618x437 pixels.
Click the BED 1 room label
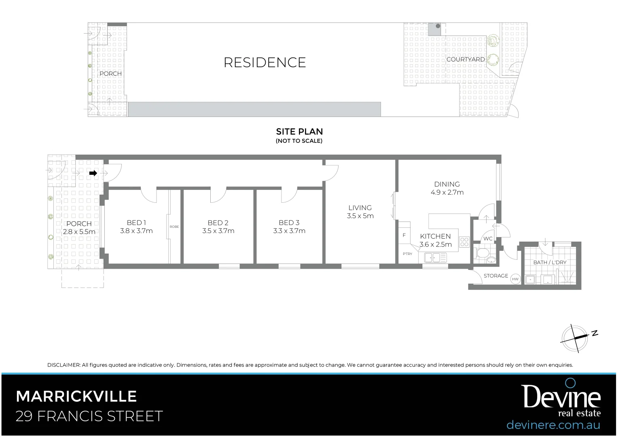(136, 223)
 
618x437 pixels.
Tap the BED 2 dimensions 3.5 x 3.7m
(218, 231)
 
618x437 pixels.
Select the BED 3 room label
(289, 223)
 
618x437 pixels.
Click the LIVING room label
(360, 208)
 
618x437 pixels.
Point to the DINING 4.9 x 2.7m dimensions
(447, 193)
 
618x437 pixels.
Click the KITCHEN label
(435, 236)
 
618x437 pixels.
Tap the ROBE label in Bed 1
(174, 227)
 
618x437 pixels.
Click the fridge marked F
(404, 235)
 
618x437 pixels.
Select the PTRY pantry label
(407, 254)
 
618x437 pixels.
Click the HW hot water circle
(515, 279)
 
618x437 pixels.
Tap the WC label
(488, 239)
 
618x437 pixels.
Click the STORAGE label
(496, 276)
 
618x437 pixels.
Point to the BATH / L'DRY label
(550, 262)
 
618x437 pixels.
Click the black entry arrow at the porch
(93, 173)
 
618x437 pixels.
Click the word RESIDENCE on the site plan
(265, 62)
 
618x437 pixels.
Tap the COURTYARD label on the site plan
(466, 59)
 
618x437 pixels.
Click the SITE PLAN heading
(299, 132)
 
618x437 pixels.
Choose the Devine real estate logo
(562, 399)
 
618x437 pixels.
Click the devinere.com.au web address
(553, 425)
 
